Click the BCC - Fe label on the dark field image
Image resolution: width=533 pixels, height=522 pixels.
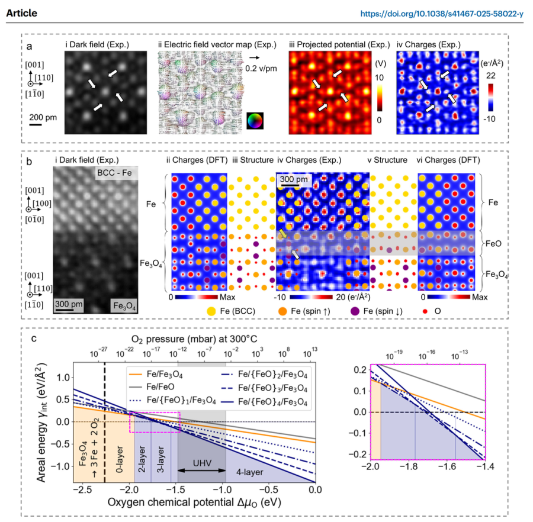click(x=117, y=174)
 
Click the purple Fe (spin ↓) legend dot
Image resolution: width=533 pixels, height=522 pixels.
click(x=355, y=310)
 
